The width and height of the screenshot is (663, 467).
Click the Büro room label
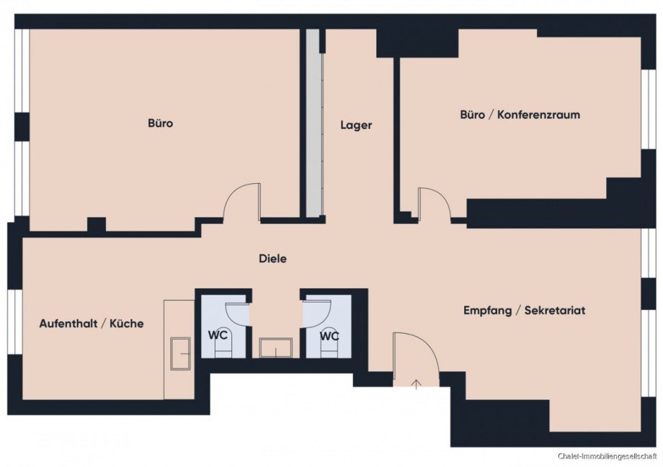pos(161,123)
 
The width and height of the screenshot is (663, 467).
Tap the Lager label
pos(356,125)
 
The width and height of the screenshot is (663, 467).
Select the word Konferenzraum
pos(538,115)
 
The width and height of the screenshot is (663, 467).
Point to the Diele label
pos(272,259)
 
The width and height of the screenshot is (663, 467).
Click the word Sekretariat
pos(555,311)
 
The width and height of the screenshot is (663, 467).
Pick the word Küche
pos(126,324)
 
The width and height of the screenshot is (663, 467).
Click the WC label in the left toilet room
pos(218,335)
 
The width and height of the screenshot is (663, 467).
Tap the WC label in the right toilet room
pos(329,337)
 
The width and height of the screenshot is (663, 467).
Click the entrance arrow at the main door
pos(417,384)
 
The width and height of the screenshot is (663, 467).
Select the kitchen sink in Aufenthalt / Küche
pos(181,354)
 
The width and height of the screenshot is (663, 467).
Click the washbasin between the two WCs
pos(276,347)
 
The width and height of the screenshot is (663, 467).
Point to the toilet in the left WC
pos(223,342)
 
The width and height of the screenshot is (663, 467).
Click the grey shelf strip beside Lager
pos(313,123)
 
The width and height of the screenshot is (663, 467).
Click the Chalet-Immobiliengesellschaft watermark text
pos(608,456)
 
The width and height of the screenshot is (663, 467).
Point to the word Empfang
pos(487,311)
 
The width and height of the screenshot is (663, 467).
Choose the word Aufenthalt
pos(68,324)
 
